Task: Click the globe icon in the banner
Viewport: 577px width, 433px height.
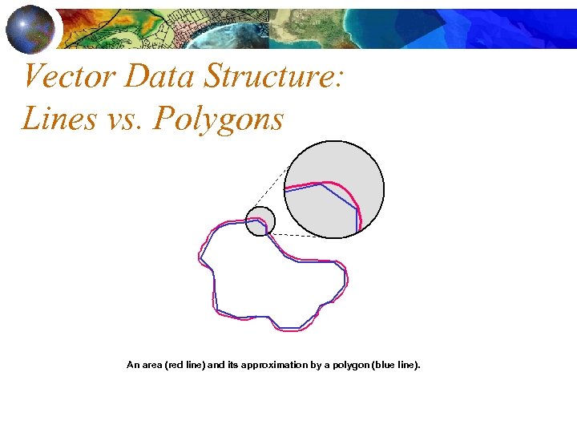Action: (30, 28)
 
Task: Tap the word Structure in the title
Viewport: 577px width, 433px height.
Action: (275, 77)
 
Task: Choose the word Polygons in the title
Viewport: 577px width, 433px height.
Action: (218, 119)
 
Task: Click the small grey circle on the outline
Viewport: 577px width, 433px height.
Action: (260, 221)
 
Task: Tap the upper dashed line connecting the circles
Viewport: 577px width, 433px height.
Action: (268, 190)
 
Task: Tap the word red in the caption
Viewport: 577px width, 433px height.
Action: (174, 365)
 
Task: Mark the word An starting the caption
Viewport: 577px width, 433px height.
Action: (133, 365)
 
